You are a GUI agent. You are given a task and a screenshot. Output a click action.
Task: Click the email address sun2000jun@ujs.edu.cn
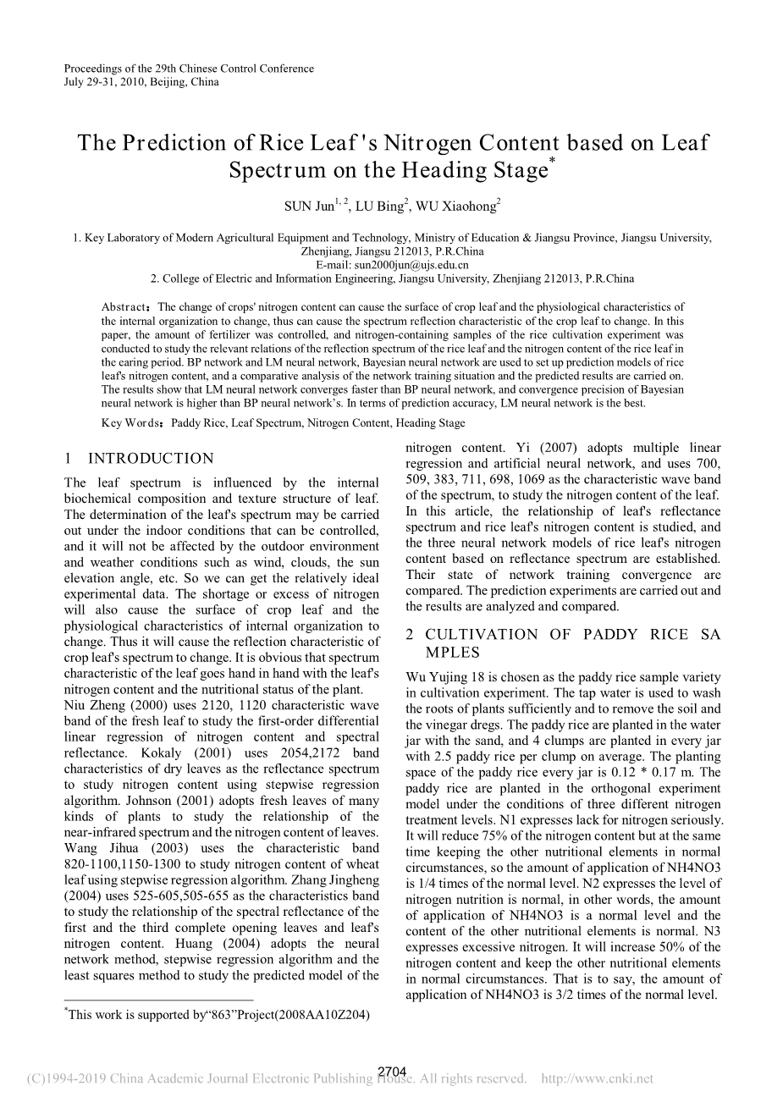coord(392,265)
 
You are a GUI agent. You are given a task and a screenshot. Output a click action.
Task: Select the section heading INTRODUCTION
coord(151,459)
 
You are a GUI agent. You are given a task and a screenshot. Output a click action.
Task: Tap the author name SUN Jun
coord(308,206)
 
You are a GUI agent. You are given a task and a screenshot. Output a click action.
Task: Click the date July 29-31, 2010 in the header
coord(105,82)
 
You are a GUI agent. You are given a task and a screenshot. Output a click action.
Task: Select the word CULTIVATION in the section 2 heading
coord(481,635)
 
